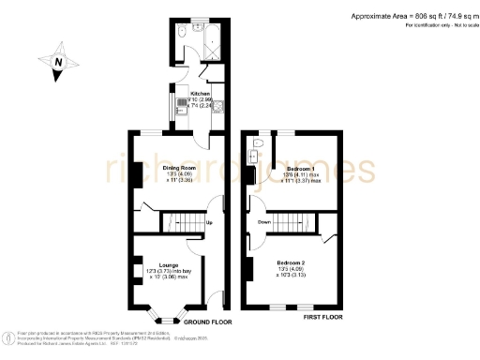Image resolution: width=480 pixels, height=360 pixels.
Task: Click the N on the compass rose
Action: click(x=59, y=64)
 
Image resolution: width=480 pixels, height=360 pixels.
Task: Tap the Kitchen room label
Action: click(x=201, y=94)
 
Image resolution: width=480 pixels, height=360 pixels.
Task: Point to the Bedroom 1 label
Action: click(x=301, y=167)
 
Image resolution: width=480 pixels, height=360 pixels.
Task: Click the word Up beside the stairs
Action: click(x=208, y=222)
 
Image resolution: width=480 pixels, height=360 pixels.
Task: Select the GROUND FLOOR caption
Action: click(x=206, y=322)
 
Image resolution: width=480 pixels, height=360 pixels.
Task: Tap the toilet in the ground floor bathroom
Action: click(x=179, y=25)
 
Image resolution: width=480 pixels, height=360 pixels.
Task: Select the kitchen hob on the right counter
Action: click(x=217, y=106)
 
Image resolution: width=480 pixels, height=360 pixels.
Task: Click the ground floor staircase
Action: click(x=182, y=223)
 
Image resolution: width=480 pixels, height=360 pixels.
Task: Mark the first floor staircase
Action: click(x=292, y=223)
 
